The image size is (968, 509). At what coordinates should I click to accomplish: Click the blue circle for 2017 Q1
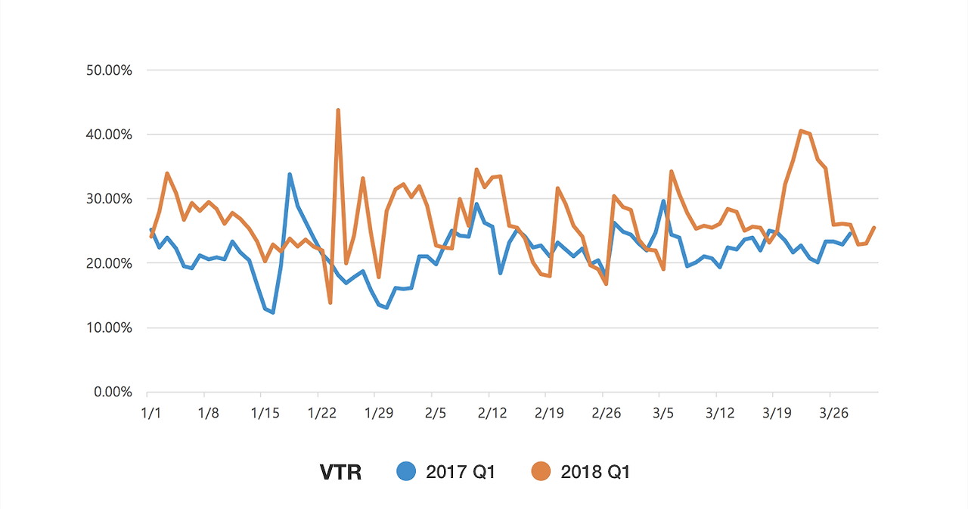click(408, 471)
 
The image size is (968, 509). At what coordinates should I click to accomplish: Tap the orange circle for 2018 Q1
click(541, 471)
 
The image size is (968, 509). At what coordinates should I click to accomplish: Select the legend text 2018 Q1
click(595, 472)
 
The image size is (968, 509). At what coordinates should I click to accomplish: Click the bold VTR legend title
click(340, 472)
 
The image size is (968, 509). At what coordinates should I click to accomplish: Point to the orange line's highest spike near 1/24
click(338, 110)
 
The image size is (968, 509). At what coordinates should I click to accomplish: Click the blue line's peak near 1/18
click(290, 175)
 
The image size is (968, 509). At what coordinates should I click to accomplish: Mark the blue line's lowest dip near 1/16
click(273, 312)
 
